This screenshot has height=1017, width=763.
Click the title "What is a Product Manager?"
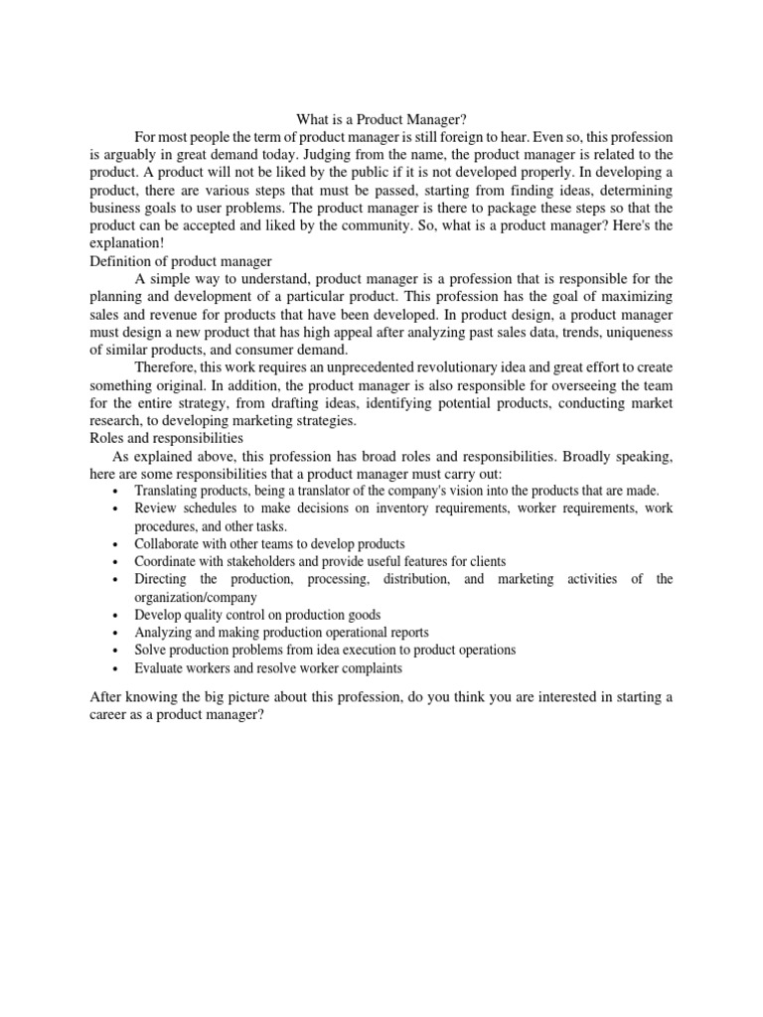pos(381,118)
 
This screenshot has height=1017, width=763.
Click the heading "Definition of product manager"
pos(176,260)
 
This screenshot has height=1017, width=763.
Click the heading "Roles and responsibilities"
pos(166,438)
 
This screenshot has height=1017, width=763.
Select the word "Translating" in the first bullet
pos(168,491)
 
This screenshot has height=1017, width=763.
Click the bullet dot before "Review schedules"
pos(117,509)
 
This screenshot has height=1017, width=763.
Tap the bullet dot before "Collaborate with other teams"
pos(117,545)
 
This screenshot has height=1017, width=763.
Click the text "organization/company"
pos(196,597)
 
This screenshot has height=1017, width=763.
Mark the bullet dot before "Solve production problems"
pos(117,651)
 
